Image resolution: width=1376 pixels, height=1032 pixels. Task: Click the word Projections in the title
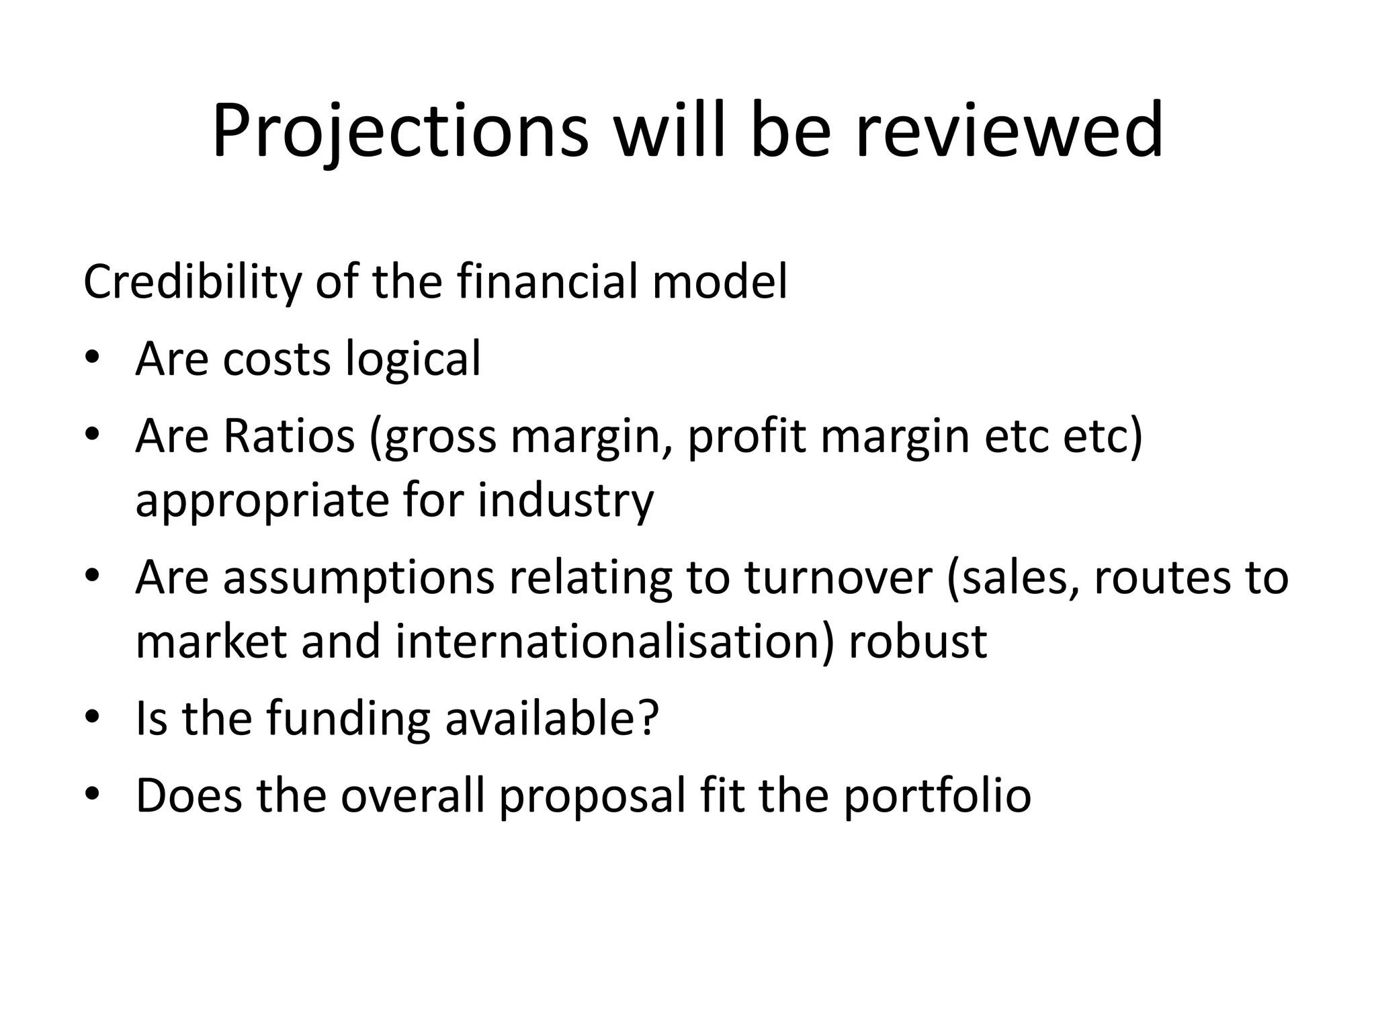(400, 131)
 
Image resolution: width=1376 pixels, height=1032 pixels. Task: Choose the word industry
(566, 501)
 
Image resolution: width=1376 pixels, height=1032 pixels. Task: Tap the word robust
(918, 641)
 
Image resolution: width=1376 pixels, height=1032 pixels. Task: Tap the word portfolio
(937, 795)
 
